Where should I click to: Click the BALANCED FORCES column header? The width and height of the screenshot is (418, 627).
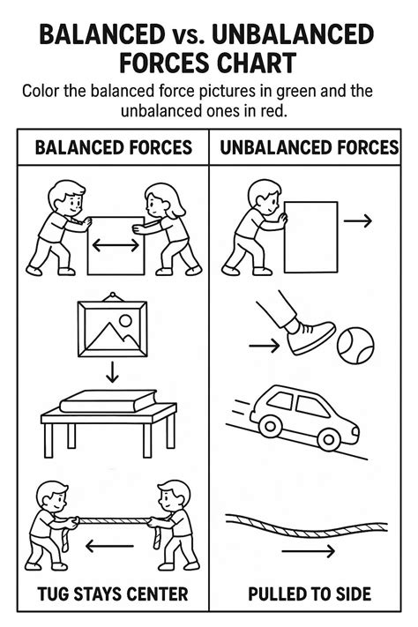click(x=112, y=146)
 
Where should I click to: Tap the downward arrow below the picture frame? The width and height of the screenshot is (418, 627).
click(x=112, y=371)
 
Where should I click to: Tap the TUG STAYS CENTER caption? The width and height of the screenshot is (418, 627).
click(x=112, y=593)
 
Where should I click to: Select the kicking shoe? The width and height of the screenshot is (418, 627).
click(x=309, y=336)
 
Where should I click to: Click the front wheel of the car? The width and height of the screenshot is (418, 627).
click(x=328, y=437)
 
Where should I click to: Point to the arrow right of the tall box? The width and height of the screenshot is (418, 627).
click(x=358, y=221)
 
